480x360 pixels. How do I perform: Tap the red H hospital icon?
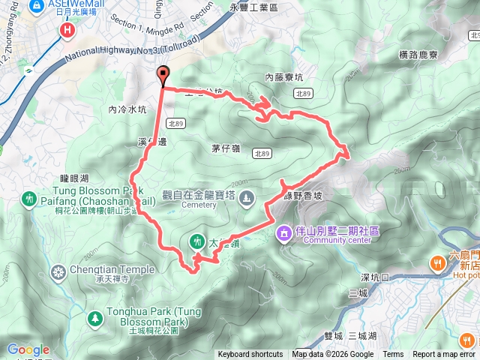[x=68, y=30]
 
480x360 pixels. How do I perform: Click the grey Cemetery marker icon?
[x=247, y=198]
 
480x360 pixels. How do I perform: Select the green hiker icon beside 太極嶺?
[x=196, y=241]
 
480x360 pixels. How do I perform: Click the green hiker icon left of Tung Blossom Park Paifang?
[x=29, y=199]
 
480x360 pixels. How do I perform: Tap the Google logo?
[x=28, y=349]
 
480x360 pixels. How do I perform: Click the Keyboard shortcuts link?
[x=250, y=355]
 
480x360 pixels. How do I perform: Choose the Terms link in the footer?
[x=393, y=355]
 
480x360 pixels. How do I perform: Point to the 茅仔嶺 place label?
[x=225, y=148]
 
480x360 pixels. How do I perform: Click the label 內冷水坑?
[x=127, y=109]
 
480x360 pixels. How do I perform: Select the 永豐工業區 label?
[x=254, y=6]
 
